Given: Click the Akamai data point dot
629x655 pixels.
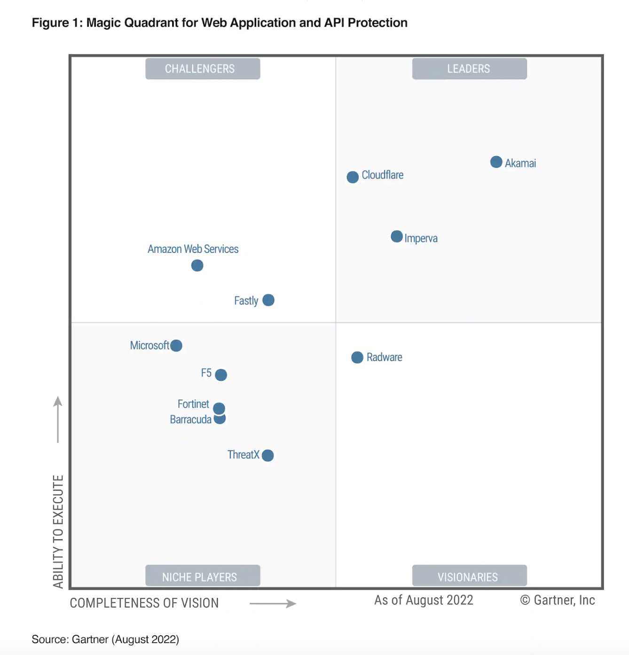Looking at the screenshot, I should tap(496, 162).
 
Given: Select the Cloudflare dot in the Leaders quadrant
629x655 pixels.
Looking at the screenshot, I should tap(353, 177).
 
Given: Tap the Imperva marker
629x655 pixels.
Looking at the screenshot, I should tap(397, 236).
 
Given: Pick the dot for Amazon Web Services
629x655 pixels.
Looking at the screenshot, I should tap(197, 265).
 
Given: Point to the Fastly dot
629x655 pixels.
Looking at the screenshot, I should tap(268, 300).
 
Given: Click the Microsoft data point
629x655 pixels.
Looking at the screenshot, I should tap(176, 345).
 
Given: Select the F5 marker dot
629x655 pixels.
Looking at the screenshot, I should tap(221, 375).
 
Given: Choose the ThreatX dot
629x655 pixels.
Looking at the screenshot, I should tap(267, 455).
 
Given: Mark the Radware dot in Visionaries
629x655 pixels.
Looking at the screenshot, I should tap(357, 357).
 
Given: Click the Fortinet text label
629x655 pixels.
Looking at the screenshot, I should tap(193, 404).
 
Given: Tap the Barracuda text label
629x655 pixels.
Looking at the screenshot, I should tap(190, 419).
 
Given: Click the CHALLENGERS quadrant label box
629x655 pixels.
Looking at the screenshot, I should tap(203, 69).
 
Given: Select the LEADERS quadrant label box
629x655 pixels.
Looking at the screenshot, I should tap(469, 69).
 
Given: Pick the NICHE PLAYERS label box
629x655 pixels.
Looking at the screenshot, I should tap(203, 576).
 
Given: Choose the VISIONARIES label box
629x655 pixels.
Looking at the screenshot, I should tap(469, 576).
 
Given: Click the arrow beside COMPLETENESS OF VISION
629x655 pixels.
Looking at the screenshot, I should tap(273, 603).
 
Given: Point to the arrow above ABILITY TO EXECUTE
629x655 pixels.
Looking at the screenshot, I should tap(58, 419).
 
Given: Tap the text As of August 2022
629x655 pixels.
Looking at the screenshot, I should tap(424, 600).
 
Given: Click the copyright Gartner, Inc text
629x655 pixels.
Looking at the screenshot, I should tap(558, 600).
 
